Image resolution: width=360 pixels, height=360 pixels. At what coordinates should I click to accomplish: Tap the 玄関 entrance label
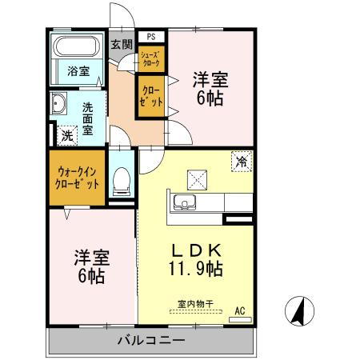[121, 44]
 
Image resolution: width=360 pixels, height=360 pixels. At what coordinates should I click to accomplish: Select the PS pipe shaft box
[151, 37]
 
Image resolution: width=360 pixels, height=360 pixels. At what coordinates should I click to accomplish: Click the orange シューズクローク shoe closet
[150, 58]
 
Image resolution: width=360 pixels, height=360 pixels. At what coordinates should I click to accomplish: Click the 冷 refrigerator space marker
[241, 161]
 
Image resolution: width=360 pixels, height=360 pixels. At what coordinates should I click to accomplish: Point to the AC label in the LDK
[239, 311]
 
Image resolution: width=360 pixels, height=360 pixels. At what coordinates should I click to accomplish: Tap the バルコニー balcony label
[152, 341]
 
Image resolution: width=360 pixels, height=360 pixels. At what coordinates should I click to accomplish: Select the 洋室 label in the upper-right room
[210, 81]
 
